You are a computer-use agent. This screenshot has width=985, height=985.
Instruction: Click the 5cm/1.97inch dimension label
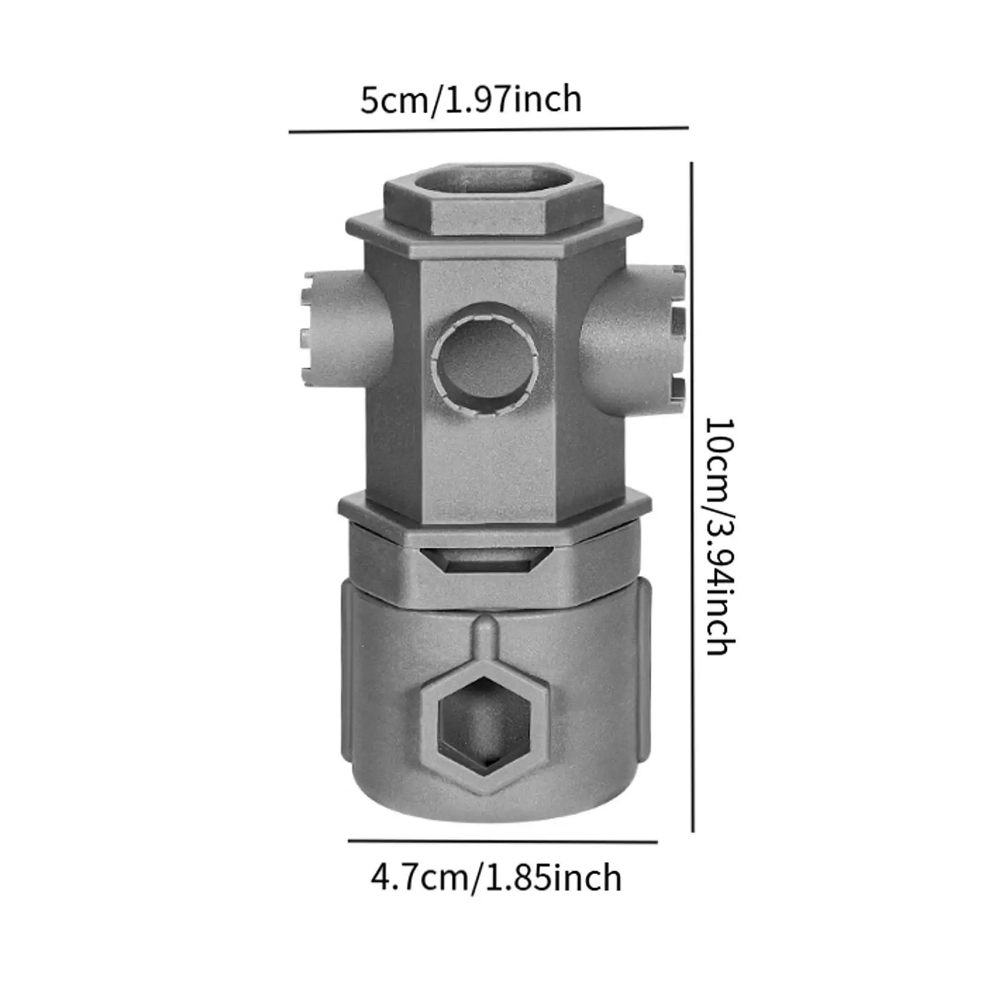click(471, 100)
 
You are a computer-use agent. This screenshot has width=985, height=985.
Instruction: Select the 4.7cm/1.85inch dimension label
click(496, 878)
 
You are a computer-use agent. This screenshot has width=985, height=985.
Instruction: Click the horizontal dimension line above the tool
click(488, 130)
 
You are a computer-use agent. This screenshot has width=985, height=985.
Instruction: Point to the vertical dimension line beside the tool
click(692, 497)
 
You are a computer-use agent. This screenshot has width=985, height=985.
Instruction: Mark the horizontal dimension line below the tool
click(502, 841)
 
